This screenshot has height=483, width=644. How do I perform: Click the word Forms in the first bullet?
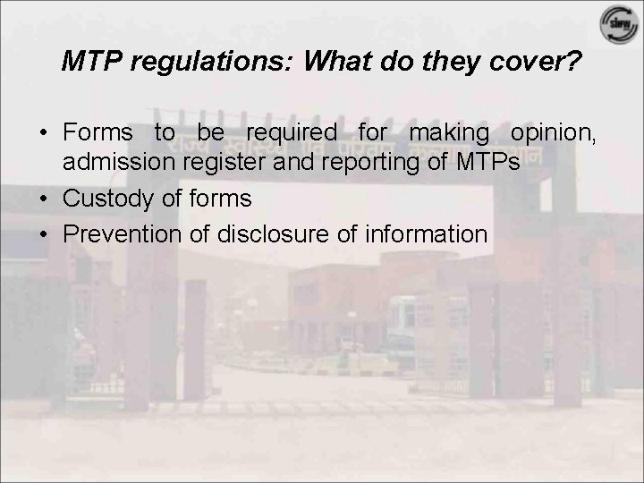pyautogui.click(x=98, y=133)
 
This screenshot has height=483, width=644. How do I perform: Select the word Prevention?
pyautogui.click(x=121, y=234)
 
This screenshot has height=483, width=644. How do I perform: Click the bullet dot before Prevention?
pyautogui.click(x=44, y=234)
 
